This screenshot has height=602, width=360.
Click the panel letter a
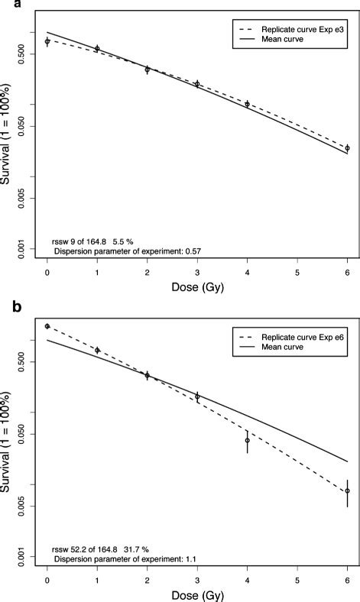pyautogui.click(x=6, y=6)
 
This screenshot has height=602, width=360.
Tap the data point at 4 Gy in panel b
pyautogui.click(x=247, y=440)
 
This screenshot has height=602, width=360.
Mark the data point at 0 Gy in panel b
pyautogui.click(x=47, y=326)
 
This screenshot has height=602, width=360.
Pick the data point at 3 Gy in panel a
pyautogui.click(x=197, y=84)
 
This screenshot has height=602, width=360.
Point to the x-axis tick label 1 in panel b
pyautogui.click(x=97, y=580)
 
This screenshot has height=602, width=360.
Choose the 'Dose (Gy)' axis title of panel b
pyautogui.click(x=197, y=596)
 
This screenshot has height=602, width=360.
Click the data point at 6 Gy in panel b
pyautogui.click(x=347, y=490)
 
